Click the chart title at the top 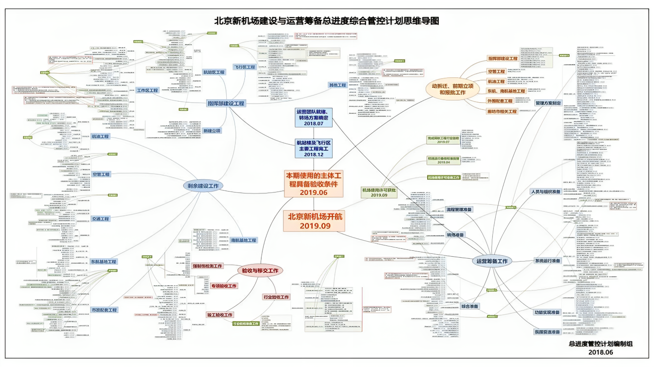coord(326,21)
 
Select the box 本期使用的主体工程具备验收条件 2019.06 coord(314,184)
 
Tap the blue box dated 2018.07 coord(313,117)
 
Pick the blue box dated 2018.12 coord(313,148)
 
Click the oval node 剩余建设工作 coord(203,186)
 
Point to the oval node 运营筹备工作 coord(492,261)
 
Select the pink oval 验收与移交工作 coord(260,270)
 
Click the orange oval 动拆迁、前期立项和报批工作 coord(452,89)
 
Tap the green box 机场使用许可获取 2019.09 coord(379,192)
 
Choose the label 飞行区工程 coord(245,67)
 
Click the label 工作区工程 coord(148,90)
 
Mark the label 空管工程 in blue coord(101,174)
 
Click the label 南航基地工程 coord(244,240)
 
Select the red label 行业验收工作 coord(276,297)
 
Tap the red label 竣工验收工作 coord(220,315)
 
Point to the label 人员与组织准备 coord(545,192)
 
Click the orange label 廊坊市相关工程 coord(502,112)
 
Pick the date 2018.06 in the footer coord(600,352)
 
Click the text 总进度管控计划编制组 coord(600,344)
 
